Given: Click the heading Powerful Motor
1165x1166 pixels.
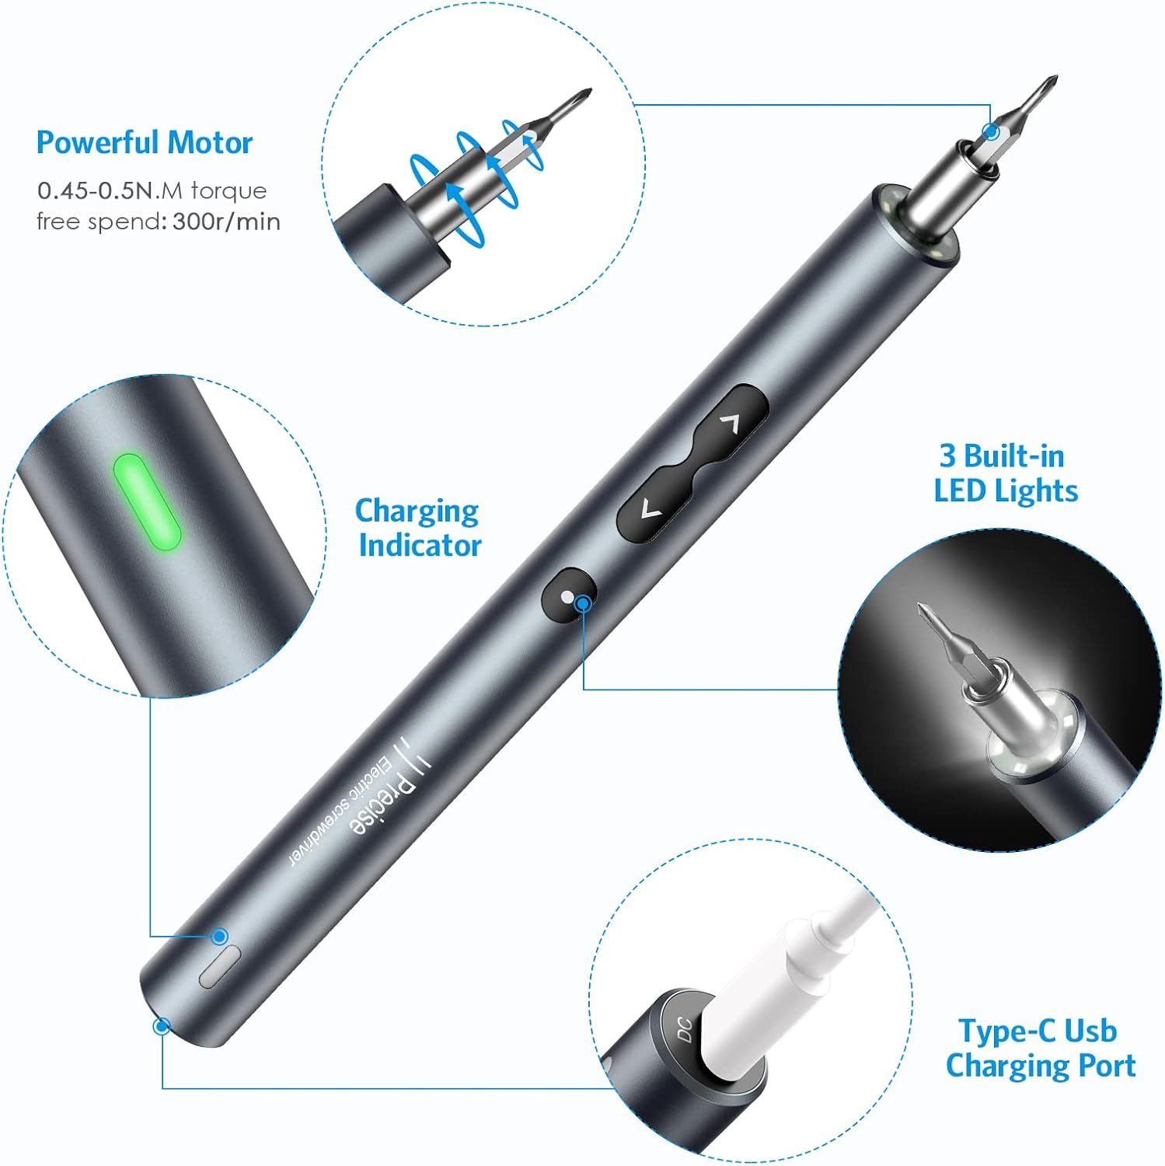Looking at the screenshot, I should pos(145,143).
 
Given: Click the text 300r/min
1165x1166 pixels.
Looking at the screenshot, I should pos(226,222).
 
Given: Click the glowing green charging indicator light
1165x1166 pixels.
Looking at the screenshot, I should pos(147,503).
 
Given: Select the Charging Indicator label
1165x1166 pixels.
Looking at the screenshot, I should pos(418,528).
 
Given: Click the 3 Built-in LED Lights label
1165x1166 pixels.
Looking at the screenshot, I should pos(1005,473).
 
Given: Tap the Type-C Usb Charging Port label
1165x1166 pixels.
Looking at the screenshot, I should pos(1040,1048).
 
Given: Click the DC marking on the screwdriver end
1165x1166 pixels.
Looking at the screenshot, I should pos(684,1029).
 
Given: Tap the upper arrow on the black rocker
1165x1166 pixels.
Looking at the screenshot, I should pos(730,423).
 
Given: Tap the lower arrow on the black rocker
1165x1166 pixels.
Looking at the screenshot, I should pos(651,510).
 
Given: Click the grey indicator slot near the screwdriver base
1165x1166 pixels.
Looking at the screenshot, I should pos(220,967).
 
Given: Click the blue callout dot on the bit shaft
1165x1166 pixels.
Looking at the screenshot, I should pos(990,131).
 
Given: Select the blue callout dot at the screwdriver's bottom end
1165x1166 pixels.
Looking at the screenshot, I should pos(162,1026).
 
